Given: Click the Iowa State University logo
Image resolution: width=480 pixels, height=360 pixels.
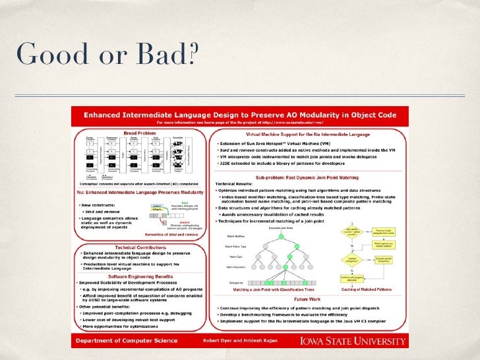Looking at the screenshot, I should [353, 341].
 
